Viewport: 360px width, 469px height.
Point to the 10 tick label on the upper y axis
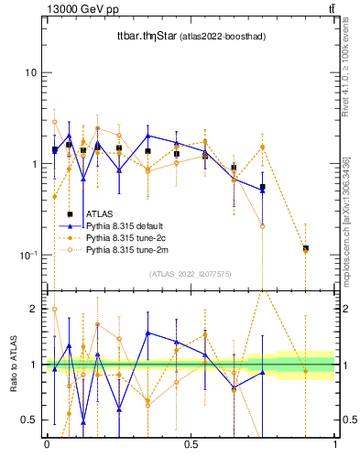coord(30,72)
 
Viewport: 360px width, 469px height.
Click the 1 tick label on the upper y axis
coord(33,164)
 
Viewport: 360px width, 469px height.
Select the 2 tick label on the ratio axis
coord(34,309)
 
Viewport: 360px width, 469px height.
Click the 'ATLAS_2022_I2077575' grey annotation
coord(190,274)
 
